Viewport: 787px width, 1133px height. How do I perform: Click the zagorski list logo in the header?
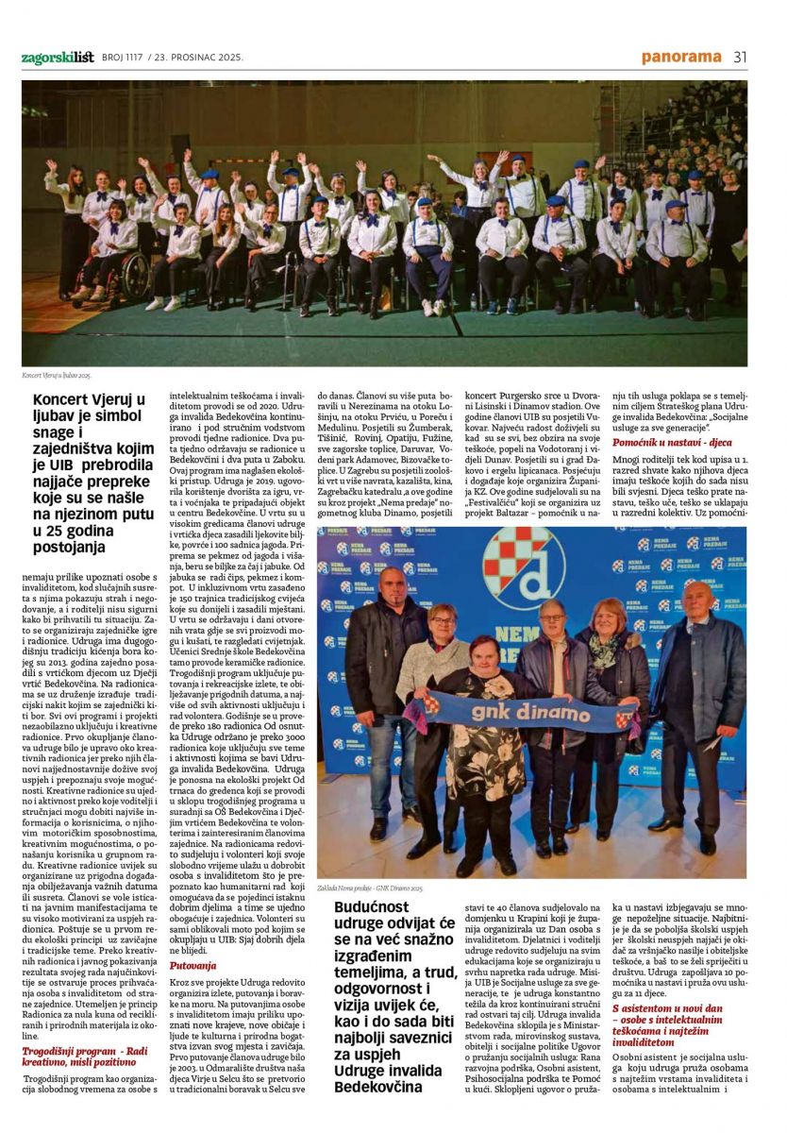[56, 58]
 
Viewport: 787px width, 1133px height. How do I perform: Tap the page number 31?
[740, 57]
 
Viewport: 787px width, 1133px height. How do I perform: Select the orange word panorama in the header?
[681, 57]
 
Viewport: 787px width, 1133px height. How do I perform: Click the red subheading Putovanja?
[193, 965]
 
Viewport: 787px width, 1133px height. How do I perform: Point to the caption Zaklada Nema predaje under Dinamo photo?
[371, 888]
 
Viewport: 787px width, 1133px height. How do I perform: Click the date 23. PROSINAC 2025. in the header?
[198, 58]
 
